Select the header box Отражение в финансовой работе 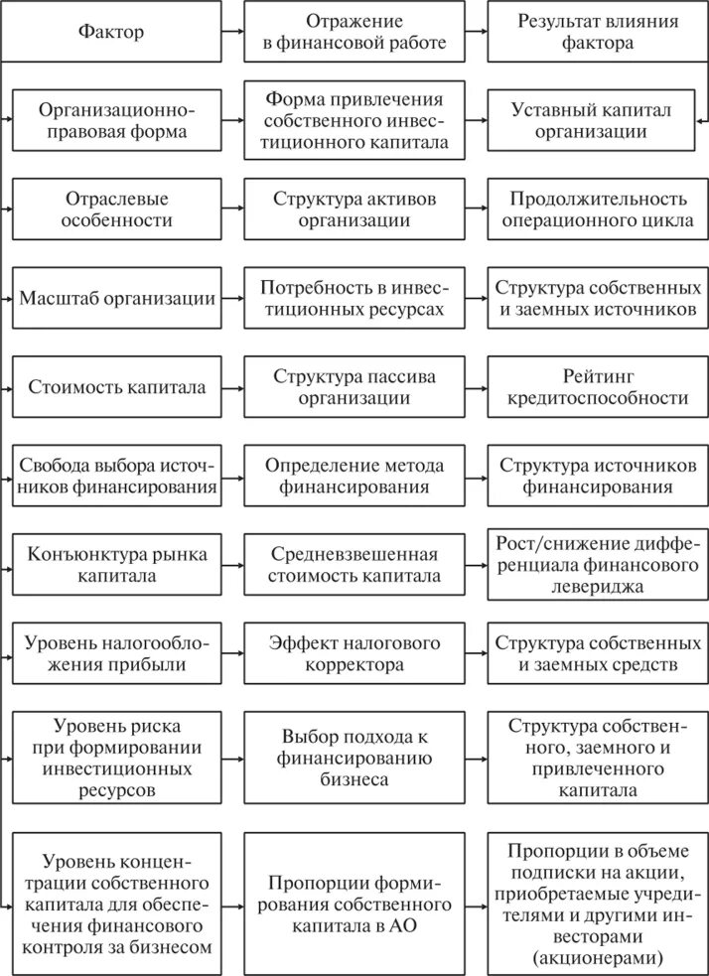pos(354,32)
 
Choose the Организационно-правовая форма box pos(117,120)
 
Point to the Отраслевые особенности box pos(117,209)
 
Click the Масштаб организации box pos(117,298)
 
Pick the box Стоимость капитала pos(117,386)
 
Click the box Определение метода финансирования pos(354,476)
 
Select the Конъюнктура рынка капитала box pos(117,565)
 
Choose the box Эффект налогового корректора pos(354,653)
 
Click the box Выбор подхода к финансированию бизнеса pos(354,758)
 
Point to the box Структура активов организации pos(354,209)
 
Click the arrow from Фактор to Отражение pos(232,32)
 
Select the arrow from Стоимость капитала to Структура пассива pos(232,386)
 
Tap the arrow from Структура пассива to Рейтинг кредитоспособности pos(476,386)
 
